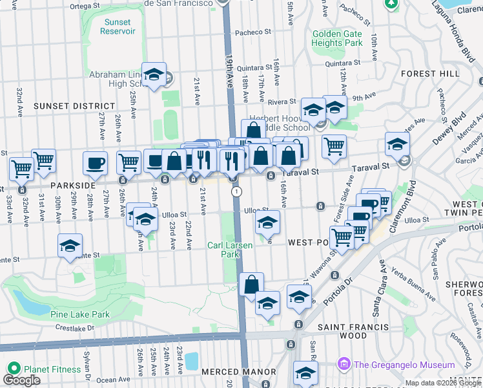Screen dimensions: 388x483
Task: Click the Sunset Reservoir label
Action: point(118,27)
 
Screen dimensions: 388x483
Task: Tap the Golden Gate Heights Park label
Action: point(336,38)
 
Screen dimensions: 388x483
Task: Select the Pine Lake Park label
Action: point(79,315)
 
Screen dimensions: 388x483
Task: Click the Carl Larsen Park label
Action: point(223,250)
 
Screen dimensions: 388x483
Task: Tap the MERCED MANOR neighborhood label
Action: point(238,372)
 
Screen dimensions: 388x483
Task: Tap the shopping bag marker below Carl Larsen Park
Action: point(251,284)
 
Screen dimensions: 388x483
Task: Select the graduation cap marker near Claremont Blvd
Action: point(397,143)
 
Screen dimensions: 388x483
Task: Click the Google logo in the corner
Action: point(21,380)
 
